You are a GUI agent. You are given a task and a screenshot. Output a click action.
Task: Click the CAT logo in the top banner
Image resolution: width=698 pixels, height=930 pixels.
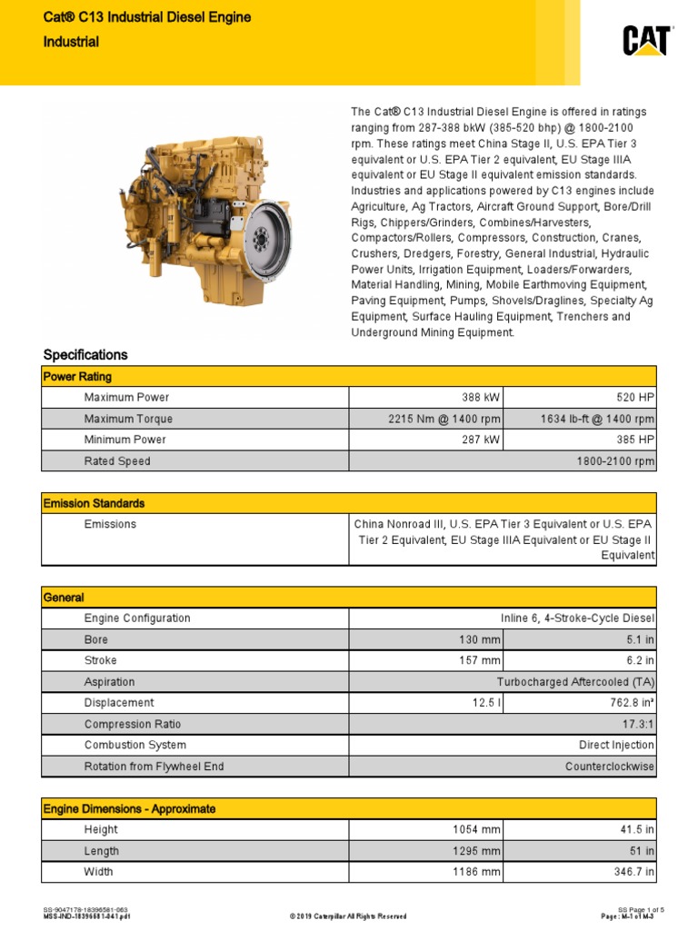click(x=646, y=41)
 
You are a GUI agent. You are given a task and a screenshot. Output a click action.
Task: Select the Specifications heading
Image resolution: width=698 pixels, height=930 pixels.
click(x=86, y=355)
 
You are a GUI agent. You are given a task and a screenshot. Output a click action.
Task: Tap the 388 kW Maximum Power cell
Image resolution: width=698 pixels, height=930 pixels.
click(x=482, y=398)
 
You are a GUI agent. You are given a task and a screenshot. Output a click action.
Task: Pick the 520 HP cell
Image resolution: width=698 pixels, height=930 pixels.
click(x=636, y=398)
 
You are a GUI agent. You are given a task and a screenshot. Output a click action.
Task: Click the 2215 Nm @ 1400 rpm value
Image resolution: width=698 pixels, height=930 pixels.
click(x=445, y=419)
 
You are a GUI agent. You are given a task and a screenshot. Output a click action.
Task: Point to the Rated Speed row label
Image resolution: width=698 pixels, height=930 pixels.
click(x=117, y=461)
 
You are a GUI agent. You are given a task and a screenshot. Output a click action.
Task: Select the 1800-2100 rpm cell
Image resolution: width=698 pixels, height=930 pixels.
click(x=615, y=461)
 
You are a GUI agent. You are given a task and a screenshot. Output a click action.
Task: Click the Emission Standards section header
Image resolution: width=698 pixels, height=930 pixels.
click(x=95, y=503)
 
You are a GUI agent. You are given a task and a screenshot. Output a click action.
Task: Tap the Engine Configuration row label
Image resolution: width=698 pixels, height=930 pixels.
click(x=137, y=618)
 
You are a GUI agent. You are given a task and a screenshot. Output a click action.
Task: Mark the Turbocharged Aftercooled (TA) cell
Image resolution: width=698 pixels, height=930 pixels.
click(x=575, y=682)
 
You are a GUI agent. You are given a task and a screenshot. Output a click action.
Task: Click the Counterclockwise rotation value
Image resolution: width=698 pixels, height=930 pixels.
click(x=609, y=767)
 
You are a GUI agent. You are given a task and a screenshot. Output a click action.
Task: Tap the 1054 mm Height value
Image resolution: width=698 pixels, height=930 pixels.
click(x=476, y=830)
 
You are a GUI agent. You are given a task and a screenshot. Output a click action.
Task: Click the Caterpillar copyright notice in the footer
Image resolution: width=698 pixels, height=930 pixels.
click(x=348, y=916)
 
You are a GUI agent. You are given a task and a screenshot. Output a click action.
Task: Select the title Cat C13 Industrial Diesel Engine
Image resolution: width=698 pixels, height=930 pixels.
click(x=148, y=17)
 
